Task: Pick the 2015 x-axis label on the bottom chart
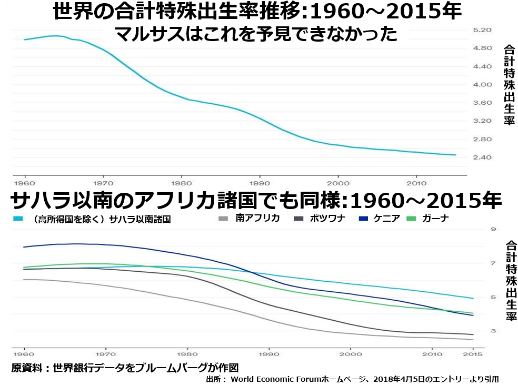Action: click(473, 354)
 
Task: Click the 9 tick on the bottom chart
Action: click(494, 229)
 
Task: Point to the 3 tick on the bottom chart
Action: click(494, 331)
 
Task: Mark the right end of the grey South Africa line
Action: click(473, 340)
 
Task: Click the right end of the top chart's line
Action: click(455, 155)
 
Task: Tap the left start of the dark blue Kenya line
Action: click(24, 247)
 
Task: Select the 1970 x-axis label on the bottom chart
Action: click(106, 354)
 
